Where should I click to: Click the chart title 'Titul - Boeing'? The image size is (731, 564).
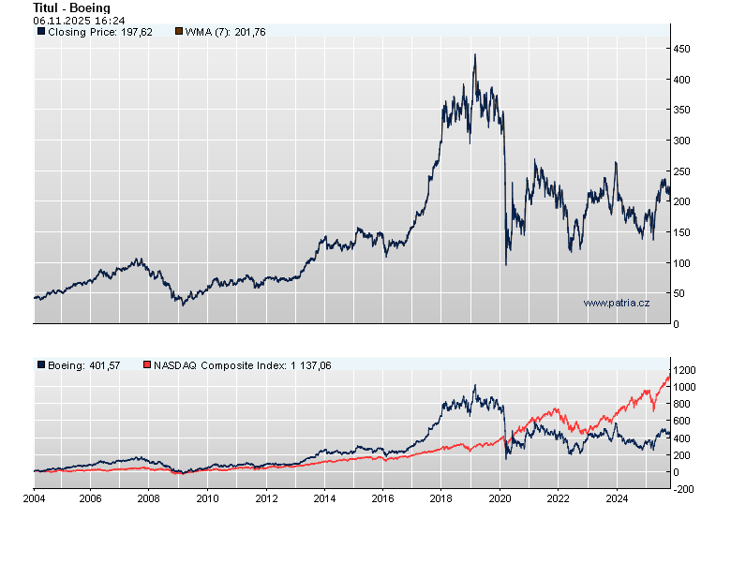tap(70, 7)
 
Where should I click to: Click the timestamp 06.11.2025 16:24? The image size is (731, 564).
tap(79, 20)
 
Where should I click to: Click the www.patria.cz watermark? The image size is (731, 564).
tap(616, 303)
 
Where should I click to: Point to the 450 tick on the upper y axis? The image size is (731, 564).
tap(685, 49)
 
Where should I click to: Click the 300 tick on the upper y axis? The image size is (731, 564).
tap(685, 141)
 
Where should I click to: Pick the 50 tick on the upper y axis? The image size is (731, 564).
tap(682, 293)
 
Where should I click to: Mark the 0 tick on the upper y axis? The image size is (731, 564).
tap(679, 324)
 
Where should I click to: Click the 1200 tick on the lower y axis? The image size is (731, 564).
tap(688, 369)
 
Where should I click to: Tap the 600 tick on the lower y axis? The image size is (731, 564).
tap(685, 421)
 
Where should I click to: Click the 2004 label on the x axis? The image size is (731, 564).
tap(34, 498)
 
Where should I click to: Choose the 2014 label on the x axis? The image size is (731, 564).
tap(325, 498)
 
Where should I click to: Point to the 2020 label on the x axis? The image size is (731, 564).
tap(500, 498)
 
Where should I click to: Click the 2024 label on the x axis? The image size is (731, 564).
tap(616, 498)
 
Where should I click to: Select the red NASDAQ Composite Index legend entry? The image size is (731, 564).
tap(236, 365)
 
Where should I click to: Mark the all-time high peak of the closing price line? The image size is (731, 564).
tap(474, 54)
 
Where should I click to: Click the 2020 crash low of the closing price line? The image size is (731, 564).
tap(506, 265)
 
